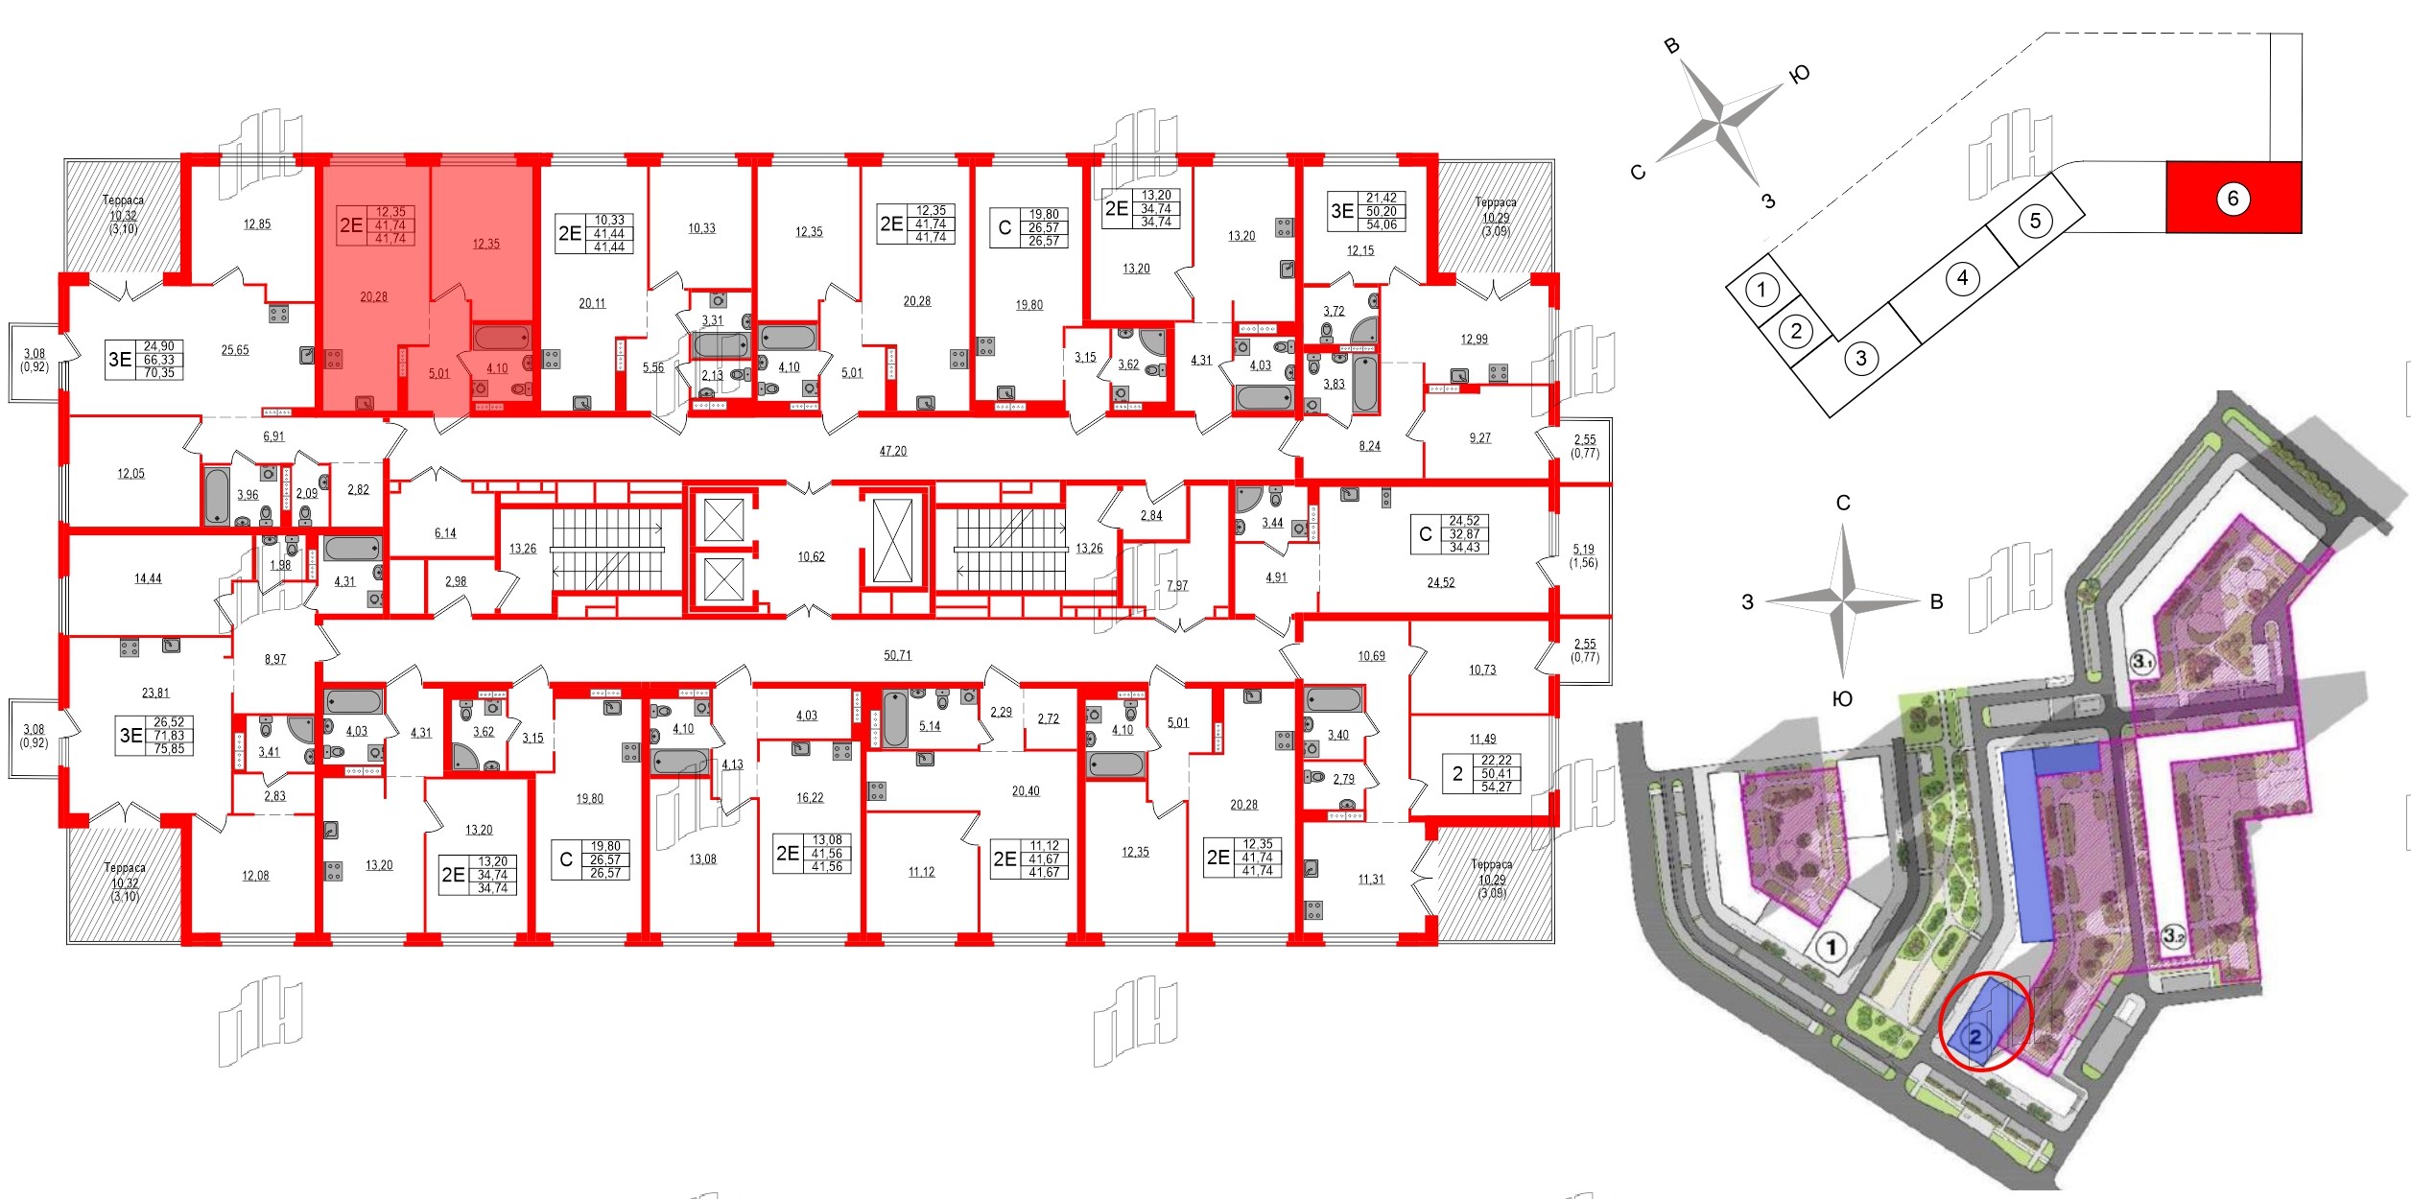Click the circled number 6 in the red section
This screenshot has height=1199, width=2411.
2233,199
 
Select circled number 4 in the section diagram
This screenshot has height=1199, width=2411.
1962,278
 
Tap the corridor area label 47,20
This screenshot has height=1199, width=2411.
892,451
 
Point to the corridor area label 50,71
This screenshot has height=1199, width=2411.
897,655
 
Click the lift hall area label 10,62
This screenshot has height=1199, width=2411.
811,556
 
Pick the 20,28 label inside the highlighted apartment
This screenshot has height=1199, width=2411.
373,297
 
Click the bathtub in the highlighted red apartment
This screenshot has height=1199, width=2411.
501,338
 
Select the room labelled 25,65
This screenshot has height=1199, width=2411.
235,350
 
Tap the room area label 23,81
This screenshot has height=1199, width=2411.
155,693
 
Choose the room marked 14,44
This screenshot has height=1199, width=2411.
148,578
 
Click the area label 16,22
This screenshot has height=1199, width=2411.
810,797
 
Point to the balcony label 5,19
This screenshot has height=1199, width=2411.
1583,550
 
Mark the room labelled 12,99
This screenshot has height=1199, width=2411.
1474,339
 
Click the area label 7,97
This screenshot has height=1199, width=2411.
1177,585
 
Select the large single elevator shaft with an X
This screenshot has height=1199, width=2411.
893,541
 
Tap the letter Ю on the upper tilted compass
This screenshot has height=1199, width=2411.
1800,74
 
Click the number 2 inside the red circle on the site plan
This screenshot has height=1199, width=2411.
1975,1036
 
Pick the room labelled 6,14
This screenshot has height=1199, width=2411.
445,533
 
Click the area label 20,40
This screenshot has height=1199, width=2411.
1025,791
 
